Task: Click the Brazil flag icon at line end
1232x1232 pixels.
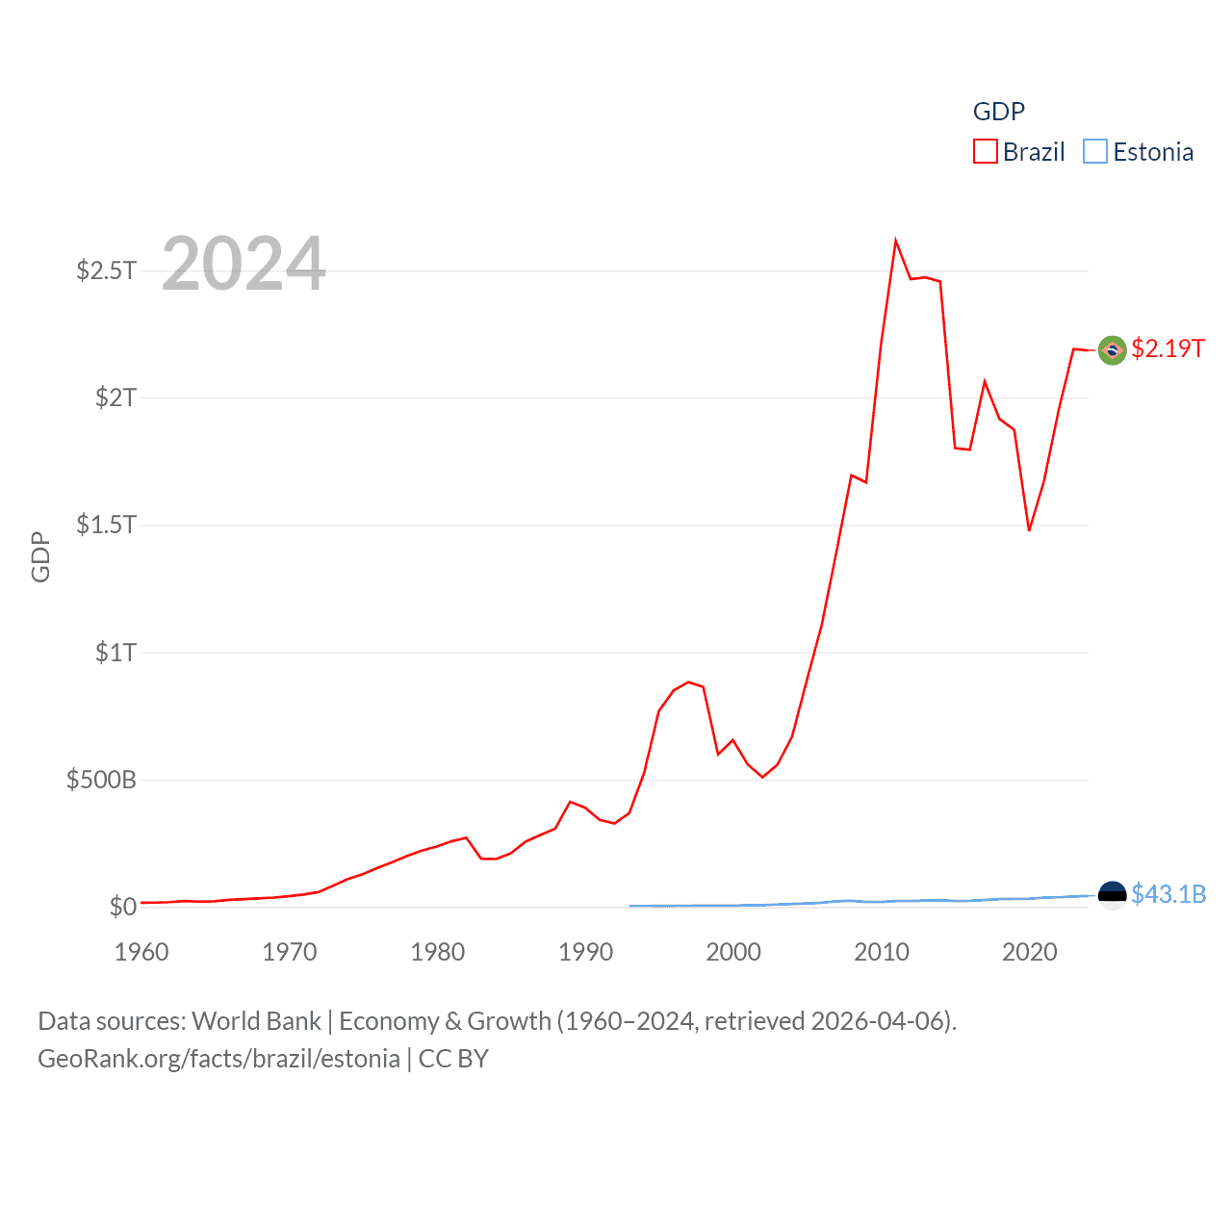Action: pos(1112,350)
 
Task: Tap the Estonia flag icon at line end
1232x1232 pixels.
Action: pos(1112,895)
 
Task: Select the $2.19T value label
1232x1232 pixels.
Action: pos(1168,348)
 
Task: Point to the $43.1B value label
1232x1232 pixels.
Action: pos(1168,894)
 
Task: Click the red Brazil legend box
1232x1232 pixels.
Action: pos(985,152)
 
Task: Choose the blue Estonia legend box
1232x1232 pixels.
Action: pos(1094,152)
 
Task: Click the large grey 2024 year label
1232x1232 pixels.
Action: pos(244,264)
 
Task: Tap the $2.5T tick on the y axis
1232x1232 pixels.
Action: pos(106,270)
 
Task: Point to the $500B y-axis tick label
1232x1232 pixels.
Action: pos(101,780)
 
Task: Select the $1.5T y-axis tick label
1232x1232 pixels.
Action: pos(106,525)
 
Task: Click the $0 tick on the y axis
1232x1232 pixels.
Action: pos(122,907)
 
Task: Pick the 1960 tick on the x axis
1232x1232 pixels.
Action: pos(141,952)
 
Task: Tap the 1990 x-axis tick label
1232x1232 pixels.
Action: pos(585,952)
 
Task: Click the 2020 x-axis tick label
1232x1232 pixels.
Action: pos(1029,952)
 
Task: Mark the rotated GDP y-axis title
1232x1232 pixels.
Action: pos(40,556)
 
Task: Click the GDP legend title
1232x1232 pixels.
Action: pos(998,112)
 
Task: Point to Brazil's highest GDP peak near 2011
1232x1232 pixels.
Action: pos(895,242)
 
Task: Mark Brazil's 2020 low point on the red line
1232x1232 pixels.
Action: pos(1029,529)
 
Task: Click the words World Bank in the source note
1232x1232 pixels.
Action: pos(256,1021)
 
